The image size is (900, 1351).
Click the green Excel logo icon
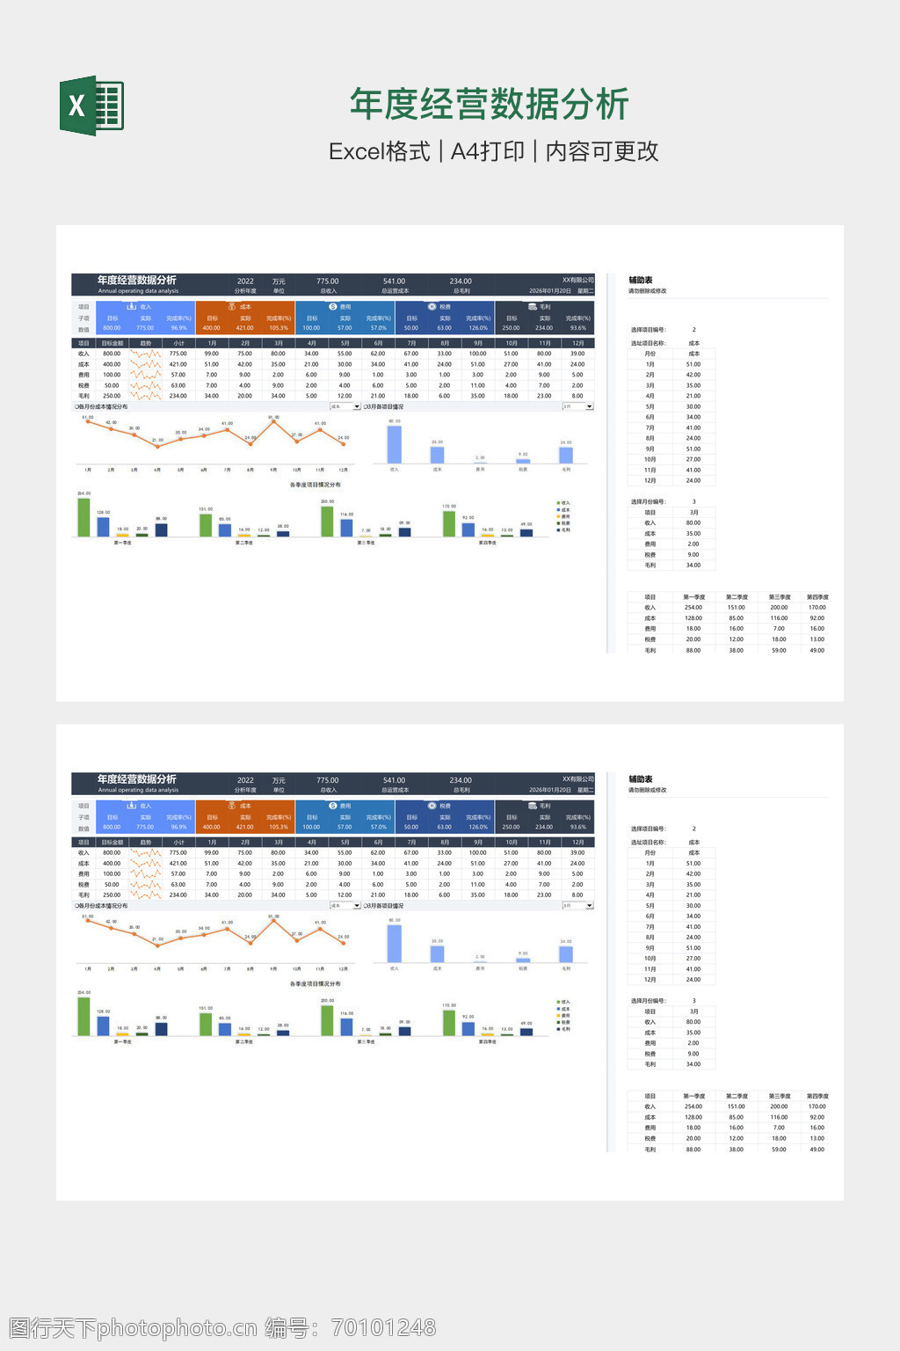pos(91,106)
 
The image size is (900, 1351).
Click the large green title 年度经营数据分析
pos(489,104)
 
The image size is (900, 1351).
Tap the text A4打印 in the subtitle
pos(487,151)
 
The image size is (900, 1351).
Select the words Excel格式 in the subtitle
pos(379,151)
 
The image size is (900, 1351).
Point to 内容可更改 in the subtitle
pos(602,151)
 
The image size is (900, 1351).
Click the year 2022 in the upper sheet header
pos(245,281)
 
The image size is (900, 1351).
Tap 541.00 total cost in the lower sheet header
pos(394,780)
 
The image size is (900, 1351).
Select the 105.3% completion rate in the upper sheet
pos(278,328)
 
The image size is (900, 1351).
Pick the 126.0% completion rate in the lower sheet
pos(477,827)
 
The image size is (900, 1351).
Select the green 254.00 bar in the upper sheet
pos(84,517)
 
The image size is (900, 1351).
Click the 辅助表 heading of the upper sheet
pos(641,281)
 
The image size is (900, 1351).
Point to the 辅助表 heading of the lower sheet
pos(641,779)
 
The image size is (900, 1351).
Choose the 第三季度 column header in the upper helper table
pos(779,597)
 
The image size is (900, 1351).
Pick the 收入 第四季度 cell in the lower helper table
pos(817,1106)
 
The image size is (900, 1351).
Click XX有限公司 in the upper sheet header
pos(577,281)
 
